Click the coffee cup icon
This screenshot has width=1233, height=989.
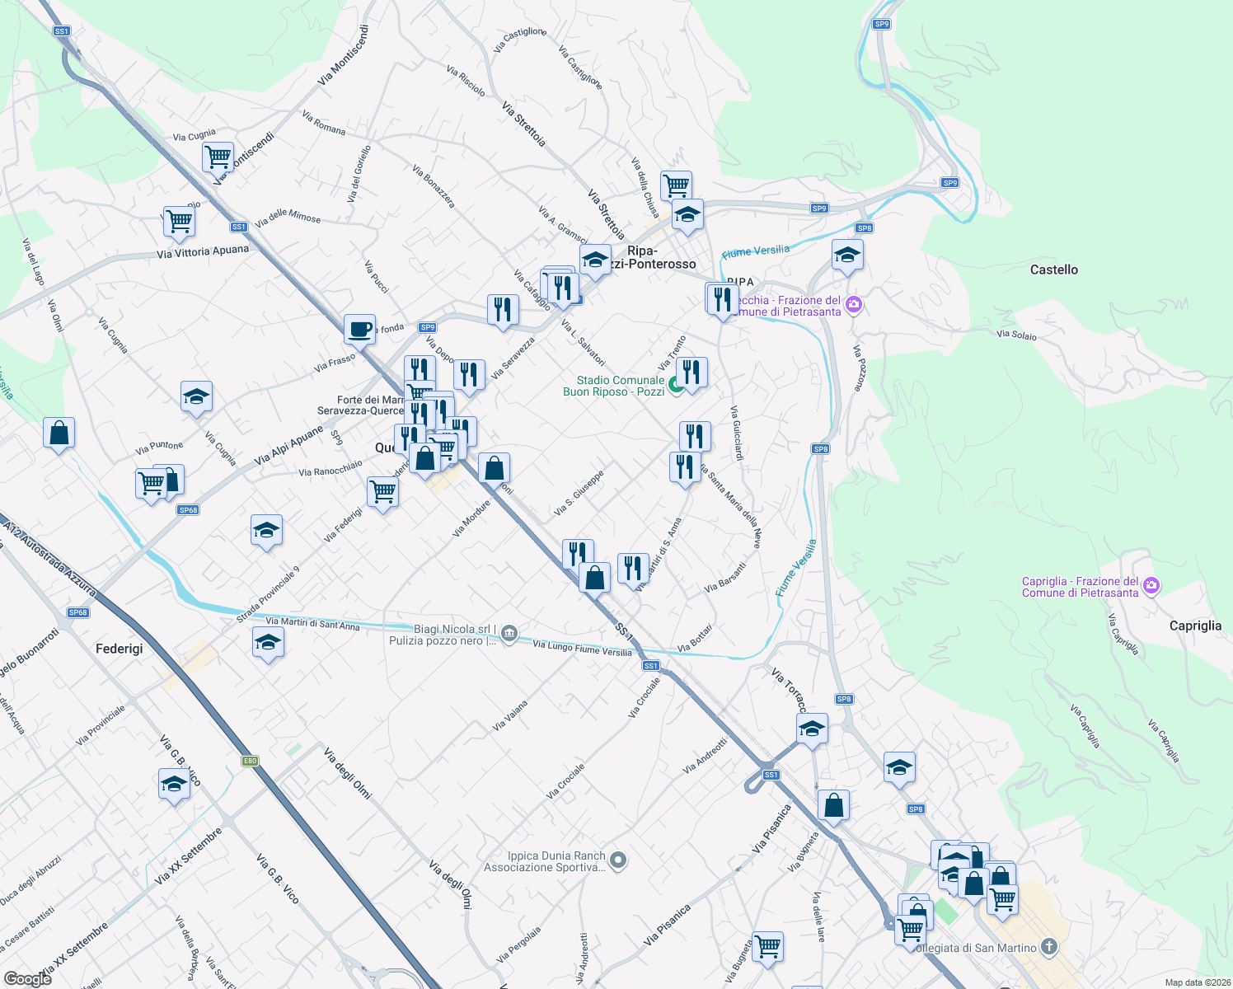tap(359, 330)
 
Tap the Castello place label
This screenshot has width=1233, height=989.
tap(1053, 270)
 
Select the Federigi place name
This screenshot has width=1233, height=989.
tap(120, 649)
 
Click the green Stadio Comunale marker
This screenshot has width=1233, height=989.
tap(676, 385)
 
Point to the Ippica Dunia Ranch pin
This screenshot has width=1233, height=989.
tap(618, 861)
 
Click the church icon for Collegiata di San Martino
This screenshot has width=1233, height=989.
tap(1048, 947)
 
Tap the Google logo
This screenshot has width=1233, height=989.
tap(27, 978)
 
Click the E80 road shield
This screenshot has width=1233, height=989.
tap(250, 761)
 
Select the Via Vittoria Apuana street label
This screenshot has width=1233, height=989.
tap(203, 251)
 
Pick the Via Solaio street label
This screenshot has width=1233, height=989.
tap(1016, 335)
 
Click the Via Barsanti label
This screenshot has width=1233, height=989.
tap(725, 578)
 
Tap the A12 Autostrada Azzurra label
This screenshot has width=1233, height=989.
tap(49, 557)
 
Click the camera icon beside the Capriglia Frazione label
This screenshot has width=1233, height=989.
tap(1151, 586)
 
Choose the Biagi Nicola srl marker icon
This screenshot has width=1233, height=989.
tap(509, 634)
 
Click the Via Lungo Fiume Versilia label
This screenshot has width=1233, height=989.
tap(582, 648)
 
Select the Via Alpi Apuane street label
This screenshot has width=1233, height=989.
tap(289, 446)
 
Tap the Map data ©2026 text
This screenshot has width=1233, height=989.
tap(1198, 982)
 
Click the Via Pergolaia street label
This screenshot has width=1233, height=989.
tap(519, 944)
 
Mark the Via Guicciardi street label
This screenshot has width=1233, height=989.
tap(738, 434)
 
